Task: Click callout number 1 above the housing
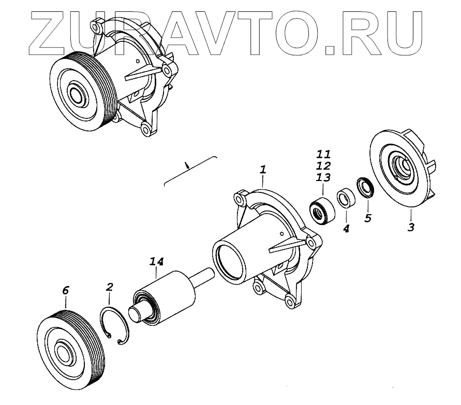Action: pos(263,170)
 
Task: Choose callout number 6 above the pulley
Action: pos(65,291)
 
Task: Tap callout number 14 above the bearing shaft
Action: pos(157,263)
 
